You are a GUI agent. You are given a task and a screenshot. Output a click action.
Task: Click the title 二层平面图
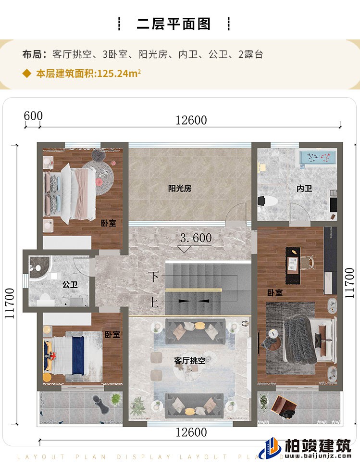click(174, 24)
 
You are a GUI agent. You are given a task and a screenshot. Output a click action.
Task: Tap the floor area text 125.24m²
click(119, 74)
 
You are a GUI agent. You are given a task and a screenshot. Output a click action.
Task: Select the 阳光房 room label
click(180, 189)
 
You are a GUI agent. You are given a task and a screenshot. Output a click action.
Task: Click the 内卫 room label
click(304, 189)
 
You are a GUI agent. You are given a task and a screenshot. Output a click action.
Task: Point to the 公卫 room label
click(70, 285)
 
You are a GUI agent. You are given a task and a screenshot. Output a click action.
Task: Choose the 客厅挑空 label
click(189, 360)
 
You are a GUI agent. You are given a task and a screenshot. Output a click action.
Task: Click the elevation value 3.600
click(195, 238)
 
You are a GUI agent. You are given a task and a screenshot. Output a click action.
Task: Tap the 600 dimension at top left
click(33, 116)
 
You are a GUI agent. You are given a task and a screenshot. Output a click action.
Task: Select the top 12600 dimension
click(191, 120)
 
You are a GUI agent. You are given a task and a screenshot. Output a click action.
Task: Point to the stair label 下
click(153, 278)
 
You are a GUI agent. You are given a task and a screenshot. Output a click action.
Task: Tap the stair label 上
click(153, 303)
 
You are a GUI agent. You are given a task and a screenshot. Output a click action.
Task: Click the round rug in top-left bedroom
click(99, 174)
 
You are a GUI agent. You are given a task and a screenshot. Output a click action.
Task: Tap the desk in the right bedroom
click(292, 262)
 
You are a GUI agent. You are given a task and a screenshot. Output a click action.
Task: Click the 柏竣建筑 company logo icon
click(270, 449)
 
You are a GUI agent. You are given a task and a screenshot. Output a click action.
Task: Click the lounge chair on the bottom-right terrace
click(282, 406)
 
